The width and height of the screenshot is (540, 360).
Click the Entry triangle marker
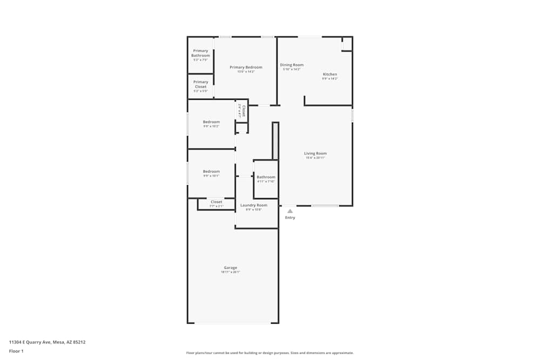290,211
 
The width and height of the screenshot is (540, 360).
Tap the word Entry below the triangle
290,218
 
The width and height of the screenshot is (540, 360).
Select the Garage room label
231,268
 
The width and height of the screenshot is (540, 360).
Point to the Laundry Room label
254,205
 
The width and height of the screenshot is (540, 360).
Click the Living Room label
315,153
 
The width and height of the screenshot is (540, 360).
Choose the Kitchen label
330,74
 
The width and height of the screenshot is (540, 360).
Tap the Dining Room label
292,65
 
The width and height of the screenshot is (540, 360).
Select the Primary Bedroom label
246,67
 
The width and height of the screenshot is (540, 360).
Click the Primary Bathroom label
200,53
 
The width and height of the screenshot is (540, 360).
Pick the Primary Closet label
200,84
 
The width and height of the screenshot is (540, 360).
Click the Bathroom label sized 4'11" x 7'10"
266,177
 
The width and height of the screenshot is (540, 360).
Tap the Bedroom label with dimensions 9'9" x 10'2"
211,122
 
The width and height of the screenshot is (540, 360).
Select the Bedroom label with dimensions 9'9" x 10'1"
211,172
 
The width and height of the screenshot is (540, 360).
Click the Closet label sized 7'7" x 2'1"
216,202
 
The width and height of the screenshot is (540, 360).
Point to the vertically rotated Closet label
244,111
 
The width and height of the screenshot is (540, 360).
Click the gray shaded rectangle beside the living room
275,141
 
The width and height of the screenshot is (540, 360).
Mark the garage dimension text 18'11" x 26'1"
231,272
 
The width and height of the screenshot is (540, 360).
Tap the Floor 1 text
16,351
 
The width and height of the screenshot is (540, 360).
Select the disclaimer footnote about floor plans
270,353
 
